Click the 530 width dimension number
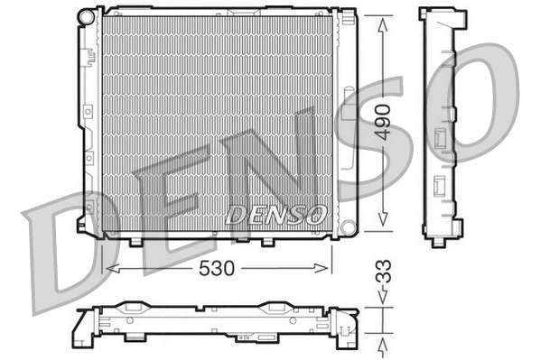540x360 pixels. [217, 268]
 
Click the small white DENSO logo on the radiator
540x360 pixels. [275, 215]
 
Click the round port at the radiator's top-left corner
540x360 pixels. [86, 16]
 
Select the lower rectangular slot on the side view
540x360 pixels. [440, 186]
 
